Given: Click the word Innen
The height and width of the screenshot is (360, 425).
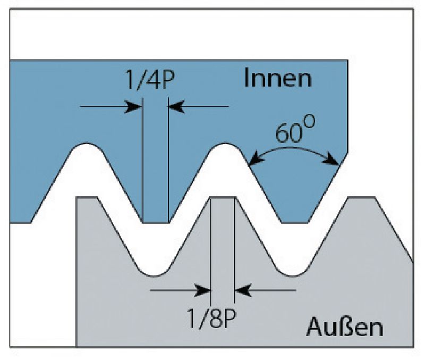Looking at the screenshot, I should pos(277,79).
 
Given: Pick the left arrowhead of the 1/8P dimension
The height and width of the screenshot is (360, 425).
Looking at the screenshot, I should pos(205,290).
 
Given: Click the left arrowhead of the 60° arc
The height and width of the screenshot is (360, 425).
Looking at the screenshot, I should pos(254,159).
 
